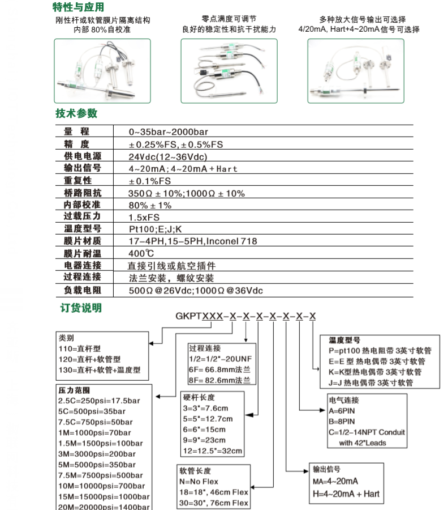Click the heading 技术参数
tap(76, 113)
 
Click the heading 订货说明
tap(81, 308)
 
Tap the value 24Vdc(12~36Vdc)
tap(168, 156)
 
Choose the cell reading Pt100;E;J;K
tap(156, 229)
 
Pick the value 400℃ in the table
tap(141, 253)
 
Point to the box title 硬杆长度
tap(199, 397)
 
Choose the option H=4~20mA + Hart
tap(346, 494)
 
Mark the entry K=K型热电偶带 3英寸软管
tap(376, 372)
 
